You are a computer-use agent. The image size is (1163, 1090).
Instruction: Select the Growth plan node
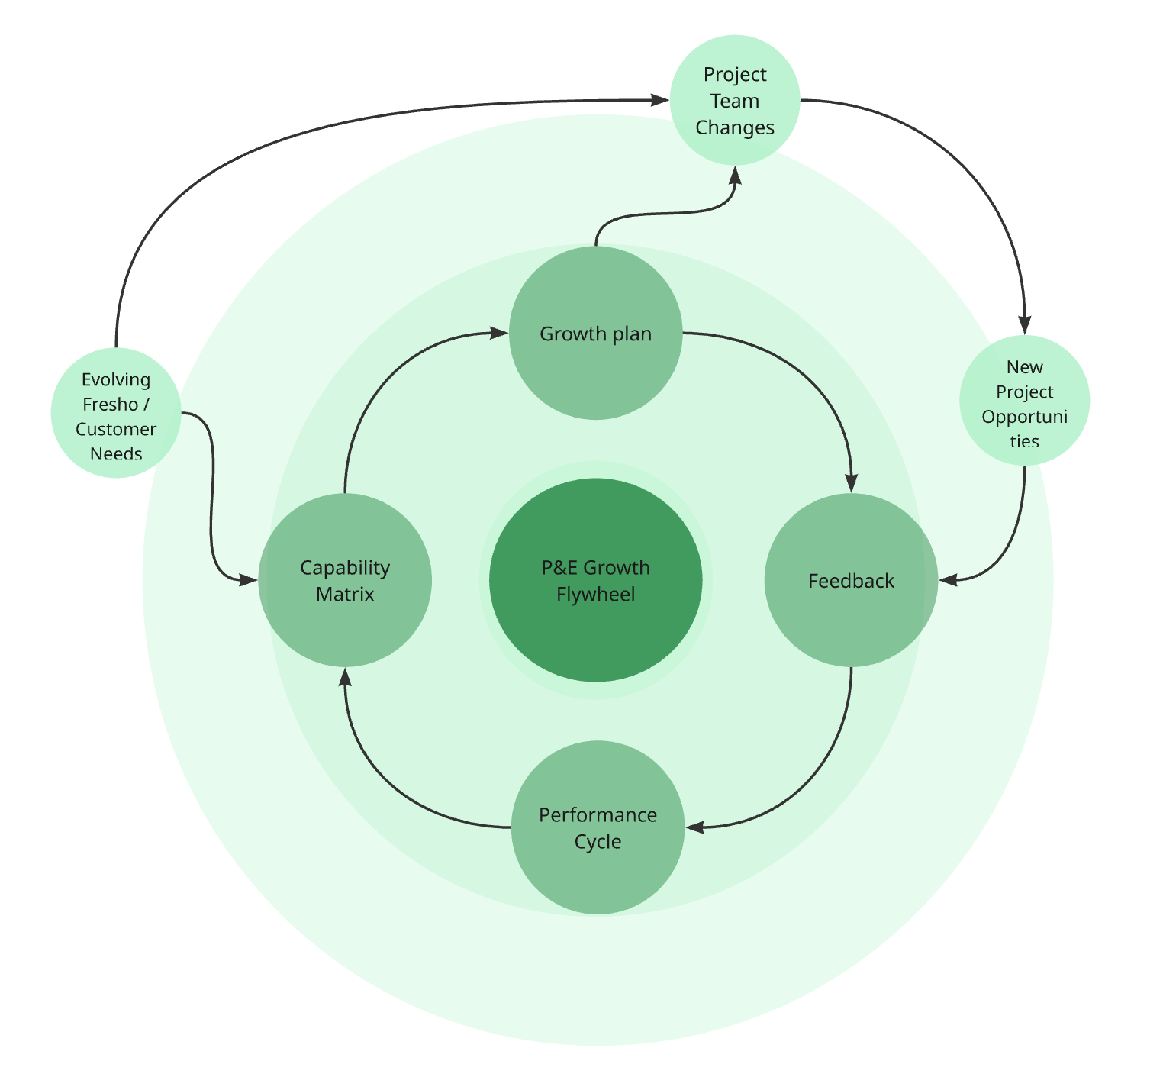point(595,334)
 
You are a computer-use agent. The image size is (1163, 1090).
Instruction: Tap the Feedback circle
point(851,581)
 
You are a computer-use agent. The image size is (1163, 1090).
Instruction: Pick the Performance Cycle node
point(598,828)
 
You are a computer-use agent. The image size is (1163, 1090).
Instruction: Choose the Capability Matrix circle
point(345,581)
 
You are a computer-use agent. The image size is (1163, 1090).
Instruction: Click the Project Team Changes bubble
point(735,101)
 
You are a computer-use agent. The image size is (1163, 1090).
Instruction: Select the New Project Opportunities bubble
point(1024,401)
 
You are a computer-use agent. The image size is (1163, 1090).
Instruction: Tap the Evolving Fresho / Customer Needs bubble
point(116,413)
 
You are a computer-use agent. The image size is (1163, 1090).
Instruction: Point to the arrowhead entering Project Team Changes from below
point(735,175)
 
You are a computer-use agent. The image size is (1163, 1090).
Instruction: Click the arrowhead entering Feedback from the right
point(948,580)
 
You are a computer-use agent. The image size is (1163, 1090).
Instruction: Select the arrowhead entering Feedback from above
point(851,483)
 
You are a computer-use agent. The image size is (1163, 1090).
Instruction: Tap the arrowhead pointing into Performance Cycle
point(694,827)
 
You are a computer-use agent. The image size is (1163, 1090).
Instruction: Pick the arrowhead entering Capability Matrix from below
point(345,677)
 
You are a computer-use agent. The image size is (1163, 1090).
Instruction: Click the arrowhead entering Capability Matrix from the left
point(249,580)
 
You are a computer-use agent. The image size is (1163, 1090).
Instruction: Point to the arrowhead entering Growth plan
point(499,333)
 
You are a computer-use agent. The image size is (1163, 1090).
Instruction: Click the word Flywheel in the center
point(595,595)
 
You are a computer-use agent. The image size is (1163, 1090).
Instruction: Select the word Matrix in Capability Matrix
point(345,595)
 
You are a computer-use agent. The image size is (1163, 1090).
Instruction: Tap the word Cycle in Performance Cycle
point(598,842)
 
